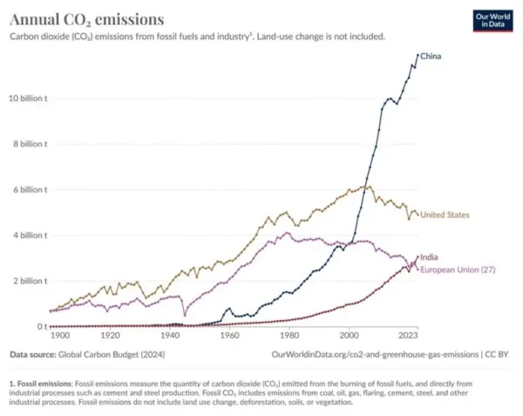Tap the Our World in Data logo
pyautogui.click(x=493, y=21)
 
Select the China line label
pyautogui.click(x=431, y=57)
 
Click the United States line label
pyautogui.click(x=446, y=215)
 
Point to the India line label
pyautogui.click(x=431, y=258)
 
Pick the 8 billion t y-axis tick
pyautogui.click(x=31, y=144)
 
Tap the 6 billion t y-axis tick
pyautogui.click(x=31, y=189)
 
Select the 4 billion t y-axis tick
pyautogui.click(x=31, y=235)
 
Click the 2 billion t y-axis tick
pyautogui.click(x=31, y=281)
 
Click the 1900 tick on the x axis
pyautogui.click(x=60, y=335)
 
